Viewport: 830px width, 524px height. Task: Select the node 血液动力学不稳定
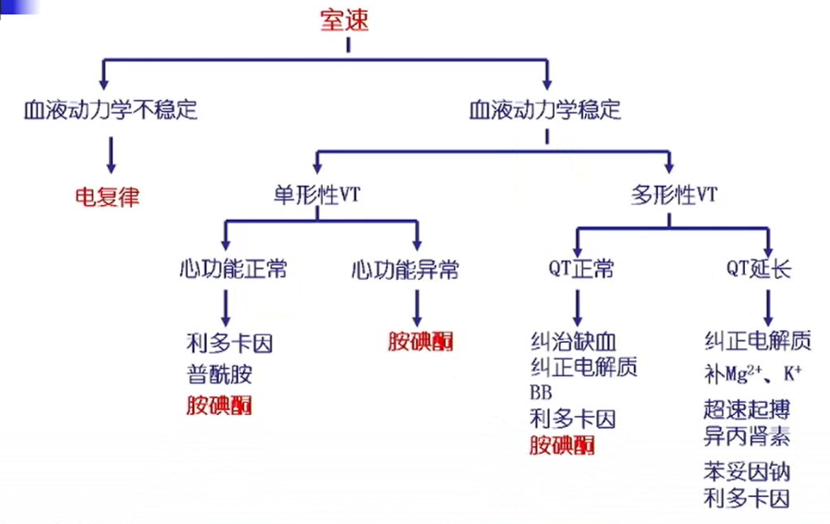point(110,110)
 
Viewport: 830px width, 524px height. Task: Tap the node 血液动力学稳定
point(545,110)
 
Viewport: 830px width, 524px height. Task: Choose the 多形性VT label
point(674,195)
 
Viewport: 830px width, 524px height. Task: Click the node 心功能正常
point(233,270)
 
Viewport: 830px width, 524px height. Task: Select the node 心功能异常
point(405,270)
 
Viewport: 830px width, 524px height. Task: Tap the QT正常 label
point(579,270)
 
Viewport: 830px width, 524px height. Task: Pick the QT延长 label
point(758,270)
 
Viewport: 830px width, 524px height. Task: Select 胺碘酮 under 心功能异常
point(421,342)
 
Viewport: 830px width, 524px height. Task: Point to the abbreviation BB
point(541,392)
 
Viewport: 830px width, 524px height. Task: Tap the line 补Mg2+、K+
point(752,375)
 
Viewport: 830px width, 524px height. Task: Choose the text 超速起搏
point(746,408)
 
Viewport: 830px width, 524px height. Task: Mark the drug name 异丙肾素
point(746,435)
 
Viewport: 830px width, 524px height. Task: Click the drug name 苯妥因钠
point(746,472)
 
